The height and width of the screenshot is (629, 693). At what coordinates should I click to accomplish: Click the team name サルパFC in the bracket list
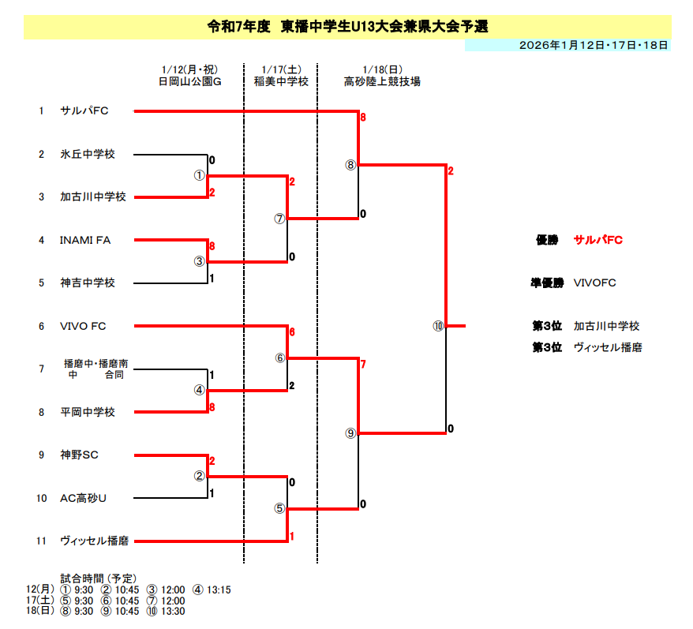click(84, 111)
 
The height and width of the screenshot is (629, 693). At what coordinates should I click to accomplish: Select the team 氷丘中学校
click(87, 155)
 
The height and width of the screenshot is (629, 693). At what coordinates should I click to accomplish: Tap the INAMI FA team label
click(84, 240)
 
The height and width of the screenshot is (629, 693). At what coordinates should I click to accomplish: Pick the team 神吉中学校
click(87, 283)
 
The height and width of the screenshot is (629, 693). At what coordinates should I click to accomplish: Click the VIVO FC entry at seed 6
click(83, 326)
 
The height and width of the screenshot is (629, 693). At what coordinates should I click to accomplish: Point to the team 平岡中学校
click(87, 412)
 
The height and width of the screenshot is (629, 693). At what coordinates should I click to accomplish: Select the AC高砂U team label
click(83, 498)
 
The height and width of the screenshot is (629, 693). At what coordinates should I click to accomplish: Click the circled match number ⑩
click(439, 326)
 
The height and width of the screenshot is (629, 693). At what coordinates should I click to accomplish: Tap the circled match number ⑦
click(279, 219)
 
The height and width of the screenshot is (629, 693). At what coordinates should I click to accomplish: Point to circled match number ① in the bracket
click(200, 175)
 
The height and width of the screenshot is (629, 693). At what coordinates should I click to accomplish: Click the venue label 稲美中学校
click(280, 80)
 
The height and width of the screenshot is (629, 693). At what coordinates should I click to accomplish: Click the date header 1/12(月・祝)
click(189, 69)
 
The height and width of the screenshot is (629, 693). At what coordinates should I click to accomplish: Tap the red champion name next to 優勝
click(598, 240)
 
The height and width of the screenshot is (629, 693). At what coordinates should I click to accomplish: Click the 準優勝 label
click(547, 283)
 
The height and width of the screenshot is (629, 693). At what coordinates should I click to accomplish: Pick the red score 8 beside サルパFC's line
click(363, 118)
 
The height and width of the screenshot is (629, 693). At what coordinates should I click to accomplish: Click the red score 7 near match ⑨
click(363, 365)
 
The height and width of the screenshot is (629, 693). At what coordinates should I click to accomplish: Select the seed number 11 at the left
click(41, 541)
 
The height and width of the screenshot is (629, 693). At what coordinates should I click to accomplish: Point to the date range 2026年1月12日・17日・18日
click(594, 45)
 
